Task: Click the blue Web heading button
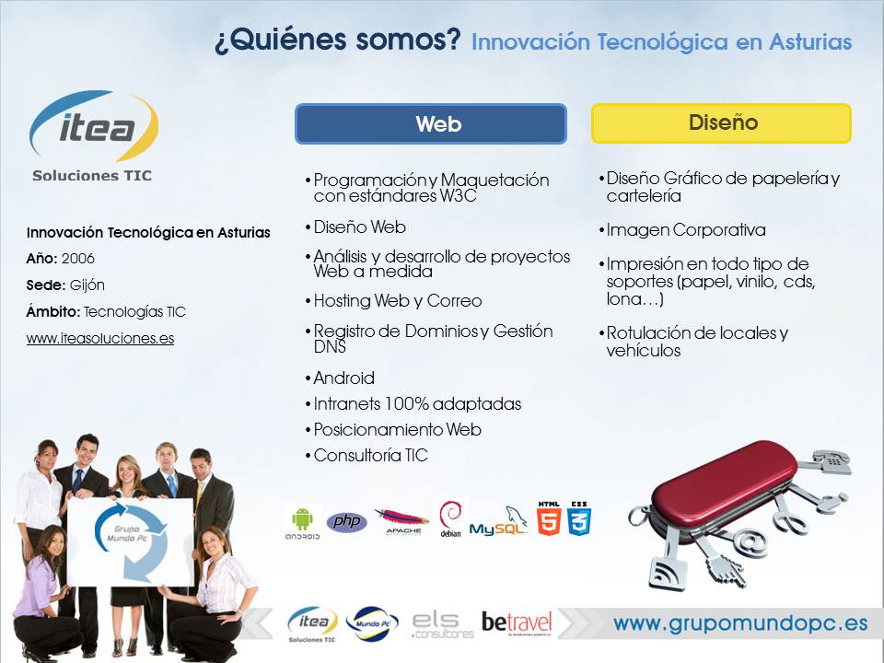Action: (x=431, y=123)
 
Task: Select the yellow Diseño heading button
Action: (x=722, y=122)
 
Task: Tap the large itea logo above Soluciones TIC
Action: (x=94, y=126)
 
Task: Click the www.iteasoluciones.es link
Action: (x=100, y=338)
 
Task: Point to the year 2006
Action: (x=77, y=259)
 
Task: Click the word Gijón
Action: (x=87, y=285)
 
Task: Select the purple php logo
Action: (x=347, y=522)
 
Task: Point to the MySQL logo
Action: (x=498, y=521)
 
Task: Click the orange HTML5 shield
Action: (x=549, y=518)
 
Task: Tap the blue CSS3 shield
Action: (x=579, y=518)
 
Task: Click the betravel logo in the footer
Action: (x=517, y=623)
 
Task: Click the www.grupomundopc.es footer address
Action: (x=740, y=623)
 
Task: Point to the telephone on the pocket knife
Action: (x=833, y=460)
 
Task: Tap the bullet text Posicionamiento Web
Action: (x=398, y=430)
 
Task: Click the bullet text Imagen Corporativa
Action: (x=686, y=230)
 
